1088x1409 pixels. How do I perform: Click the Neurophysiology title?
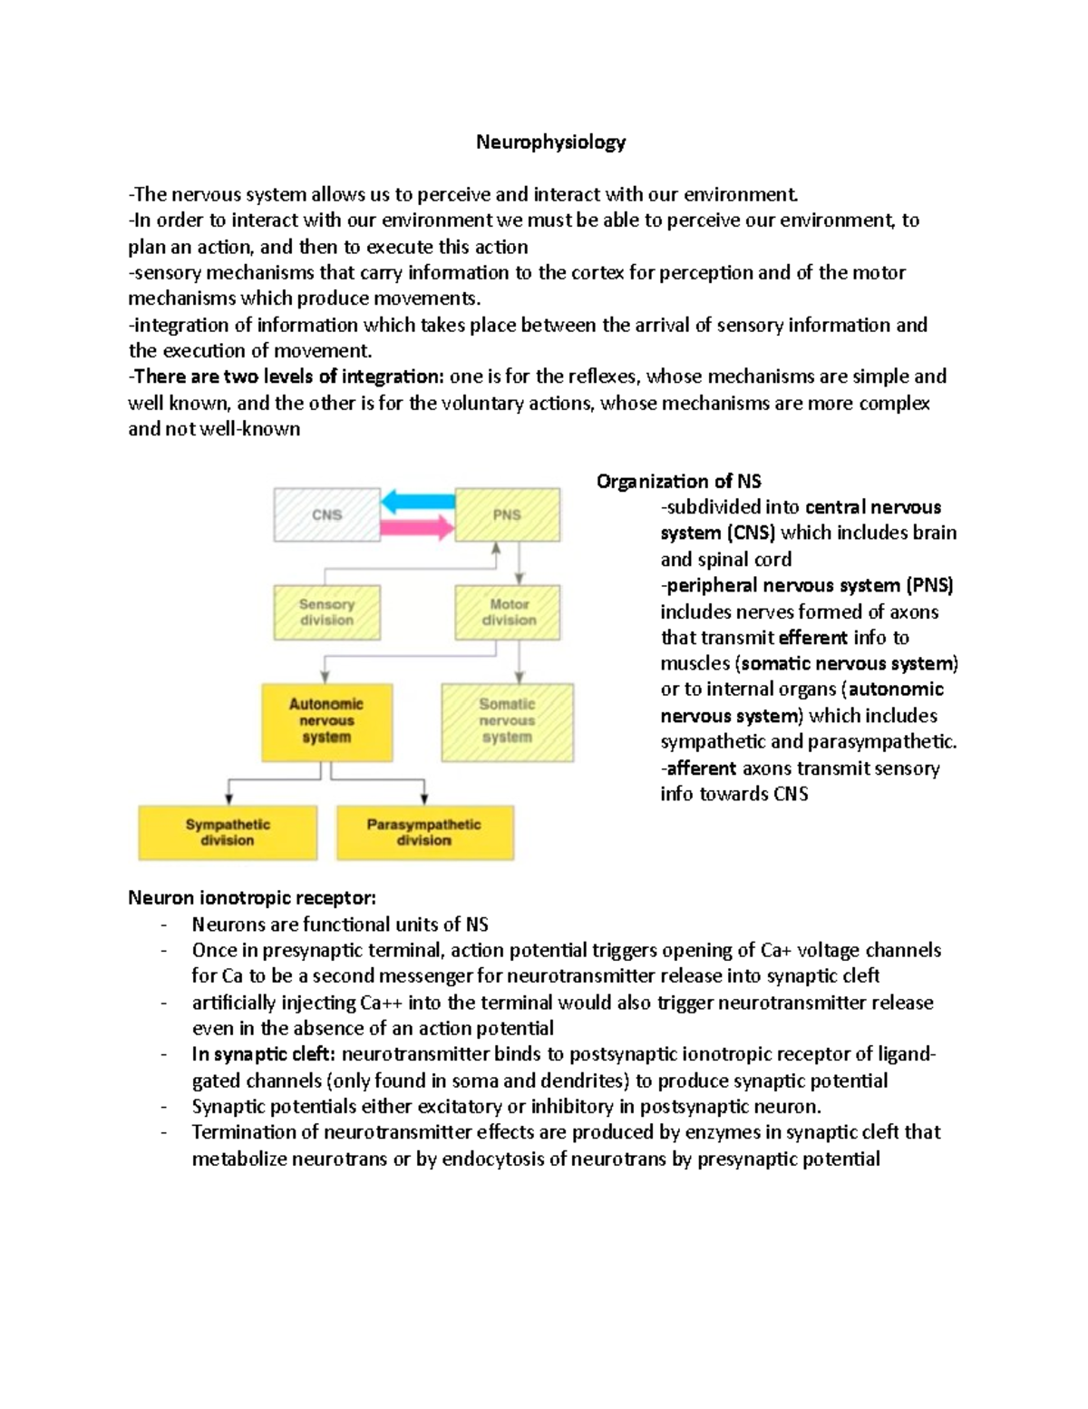(551, 142)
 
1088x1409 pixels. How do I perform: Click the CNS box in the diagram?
(326, 514)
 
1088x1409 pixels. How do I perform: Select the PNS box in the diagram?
(507, 514)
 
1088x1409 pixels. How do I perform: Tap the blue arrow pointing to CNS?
(417, 501)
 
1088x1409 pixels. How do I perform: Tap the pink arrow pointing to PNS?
(417, 527)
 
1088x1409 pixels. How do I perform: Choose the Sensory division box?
(326, 612)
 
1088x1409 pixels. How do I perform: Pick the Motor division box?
(509, 612)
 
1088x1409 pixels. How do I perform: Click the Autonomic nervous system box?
(326, 720)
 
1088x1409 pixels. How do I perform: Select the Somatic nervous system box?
(507, 720)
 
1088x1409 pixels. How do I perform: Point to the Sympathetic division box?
(228, 832)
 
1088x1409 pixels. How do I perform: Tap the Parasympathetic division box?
(424, 832)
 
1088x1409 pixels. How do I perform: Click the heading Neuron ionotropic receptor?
(251, 898)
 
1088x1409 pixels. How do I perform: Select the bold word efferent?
(813, 638)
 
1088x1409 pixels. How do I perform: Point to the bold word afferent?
(702, 768)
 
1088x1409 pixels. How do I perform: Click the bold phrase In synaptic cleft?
(263, 1054)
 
